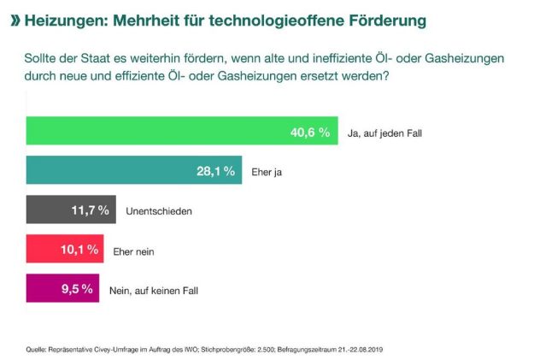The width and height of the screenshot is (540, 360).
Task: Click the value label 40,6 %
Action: pyautogui.click(x=310, y=133)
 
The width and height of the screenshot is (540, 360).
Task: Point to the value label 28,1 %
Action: pyautogui.click(x=215, y=172)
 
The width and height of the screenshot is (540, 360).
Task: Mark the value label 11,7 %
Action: pyautogui.click(x=91, y=210)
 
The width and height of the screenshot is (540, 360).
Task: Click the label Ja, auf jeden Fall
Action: pyautogui.click(x=385, y=133)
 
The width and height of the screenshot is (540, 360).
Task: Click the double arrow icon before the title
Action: pyautogui.click(x=15, y=18)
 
